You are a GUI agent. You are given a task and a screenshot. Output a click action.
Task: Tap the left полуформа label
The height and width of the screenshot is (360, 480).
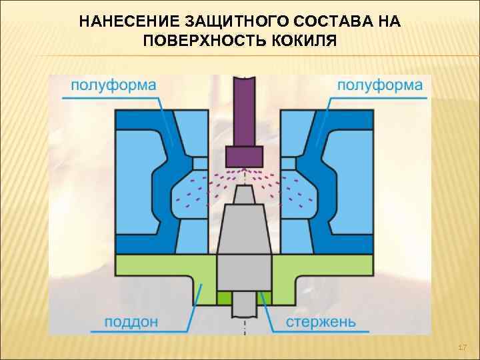coord(113,85)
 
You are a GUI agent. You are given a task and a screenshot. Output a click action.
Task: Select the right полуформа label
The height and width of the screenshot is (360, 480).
coord(379,85)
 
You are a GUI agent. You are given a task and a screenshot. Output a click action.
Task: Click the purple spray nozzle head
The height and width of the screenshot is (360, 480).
coord(245,156)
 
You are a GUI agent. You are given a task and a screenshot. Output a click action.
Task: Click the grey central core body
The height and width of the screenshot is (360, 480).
coord(245,247)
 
